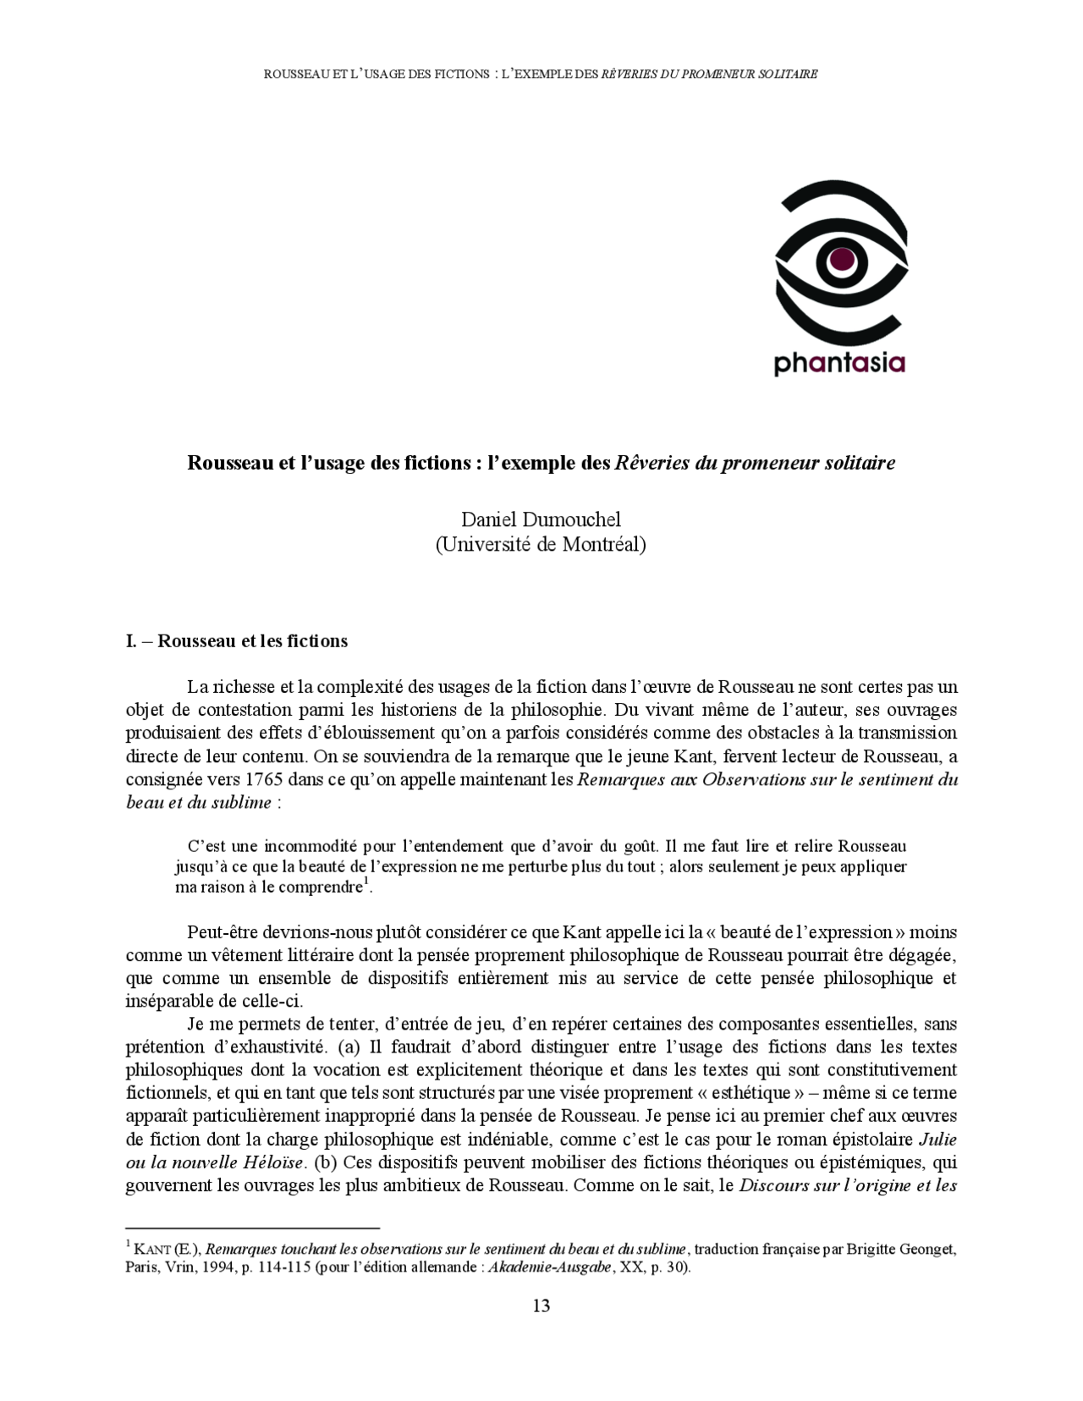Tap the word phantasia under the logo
(x=839, y=364)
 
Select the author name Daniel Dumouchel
(x=541, y=519)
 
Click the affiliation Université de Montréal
(x=541, y=545)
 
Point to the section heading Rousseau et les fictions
(x=252, y=640)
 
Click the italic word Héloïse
(x=272, y=1162)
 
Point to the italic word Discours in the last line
(x=771, y=1185)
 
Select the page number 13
(x=541, y=1305)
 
